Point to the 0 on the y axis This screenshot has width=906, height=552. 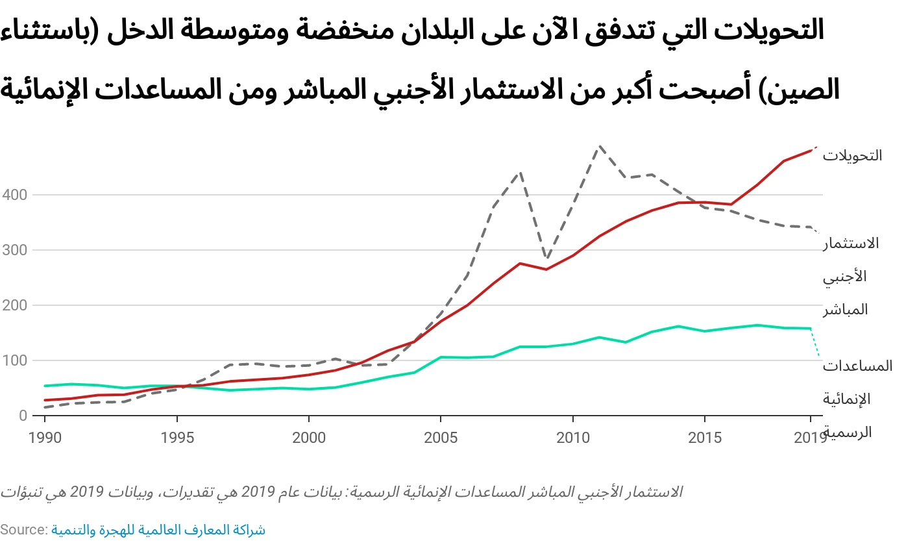tap(23, 416)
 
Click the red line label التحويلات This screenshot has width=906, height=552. tap(852, 156)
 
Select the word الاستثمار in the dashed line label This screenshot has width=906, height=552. tap(851, 244)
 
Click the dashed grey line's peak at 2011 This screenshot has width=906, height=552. tap(599, 146)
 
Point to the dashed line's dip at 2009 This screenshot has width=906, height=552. tap(546, 258)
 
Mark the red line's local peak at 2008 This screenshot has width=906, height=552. tap(520, 263)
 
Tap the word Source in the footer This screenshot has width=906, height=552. tap(23, 530)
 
